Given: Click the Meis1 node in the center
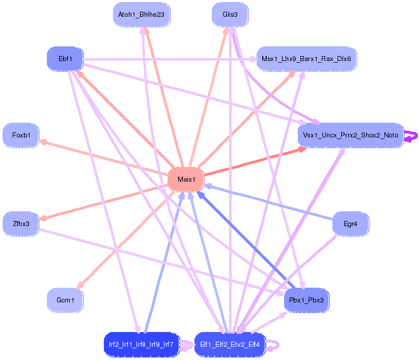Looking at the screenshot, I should (185, 179).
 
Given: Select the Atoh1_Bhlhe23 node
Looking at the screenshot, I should (141, 15).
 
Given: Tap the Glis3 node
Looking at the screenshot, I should (230, 15).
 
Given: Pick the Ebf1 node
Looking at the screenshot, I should (65, 59).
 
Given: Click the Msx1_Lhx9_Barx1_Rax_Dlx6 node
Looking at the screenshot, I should (306, 59).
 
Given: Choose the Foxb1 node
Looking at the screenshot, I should (21, 135).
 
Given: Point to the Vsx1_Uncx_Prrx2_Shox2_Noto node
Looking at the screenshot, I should (350, 135).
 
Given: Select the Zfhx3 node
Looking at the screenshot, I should (21, 224).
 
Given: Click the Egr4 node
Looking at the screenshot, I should (350, 224).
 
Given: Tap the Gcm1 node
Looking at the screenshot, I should (65, 300).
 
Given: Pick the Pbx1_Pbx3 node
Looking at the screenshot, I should (306, 300).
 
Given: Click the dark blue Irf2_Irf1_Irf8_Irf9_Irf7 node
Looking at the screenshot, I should (141, 345).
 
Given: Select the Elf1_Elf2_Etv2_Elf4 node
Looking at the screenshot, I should (230, 345).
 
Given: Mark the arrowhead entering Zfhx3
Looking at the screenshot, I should (43, 218).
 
